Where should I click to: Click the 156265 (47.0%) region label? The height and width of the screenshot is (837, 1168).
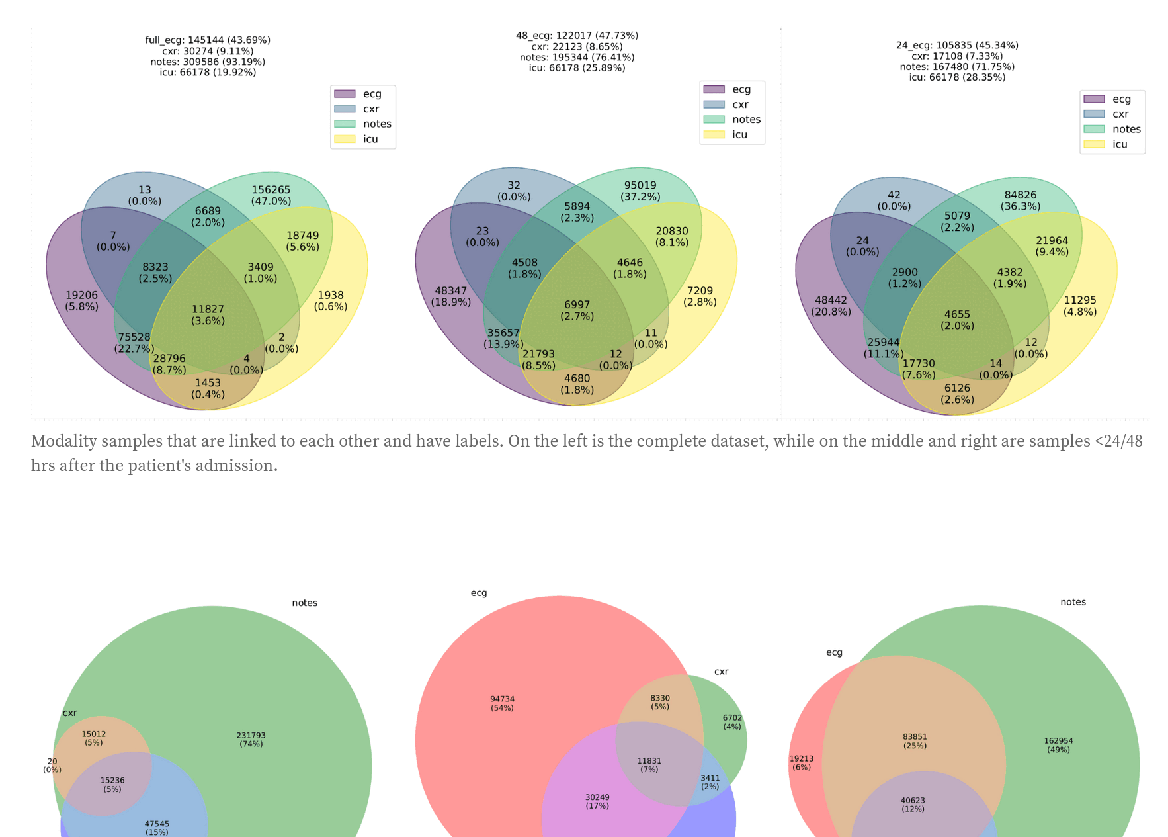271,195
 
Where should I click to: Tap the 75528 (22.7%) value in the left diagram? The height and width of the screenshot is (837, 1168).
134,343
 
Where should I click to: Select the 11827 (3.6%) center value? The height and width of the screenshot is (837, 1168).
208,314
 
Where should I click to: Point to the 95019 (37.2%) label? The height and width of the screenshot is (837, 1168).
640,191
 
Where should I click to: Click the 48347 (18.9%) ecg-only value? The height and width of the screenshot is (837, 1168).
450,296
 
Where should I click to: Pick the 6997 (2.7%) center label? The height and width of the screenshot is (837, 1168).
577,310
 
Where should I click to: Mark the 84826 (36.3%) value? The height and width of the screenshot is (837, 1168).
1020,200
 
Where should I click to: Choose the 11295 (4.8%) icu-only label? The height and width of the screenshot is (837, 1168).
1079,306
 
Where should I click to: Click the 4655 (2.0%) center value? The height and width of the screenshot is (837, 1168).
957,320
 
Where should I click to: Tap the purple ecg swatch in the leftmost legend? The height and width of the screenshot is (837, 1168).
345,94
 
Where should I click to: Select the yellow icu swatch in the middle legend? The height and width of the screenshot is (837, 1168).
714,135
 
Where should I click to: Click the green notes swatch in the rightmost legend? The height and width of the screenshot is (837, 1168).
1094,129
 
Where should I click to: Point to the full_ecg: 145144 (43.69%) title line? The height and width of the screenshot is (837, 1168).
208,40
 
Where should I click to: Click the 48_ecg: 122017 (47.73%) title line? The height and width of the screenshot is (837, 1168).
577,36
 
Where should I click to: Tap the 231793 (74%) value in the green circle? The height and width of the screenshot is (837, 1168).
251,739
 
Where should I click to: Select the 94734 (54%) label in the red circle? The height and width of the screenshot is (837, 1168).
502,703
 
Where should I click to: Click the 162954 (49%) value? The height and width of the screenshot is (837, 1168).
1058,745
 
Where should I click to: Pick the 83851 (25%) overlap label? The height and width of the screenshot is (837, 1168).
915,741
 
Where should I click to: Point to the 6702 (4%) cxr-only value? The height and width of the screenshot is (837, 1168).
732,722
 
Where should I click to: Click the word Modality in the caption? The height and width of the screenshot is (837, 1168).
63,441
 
